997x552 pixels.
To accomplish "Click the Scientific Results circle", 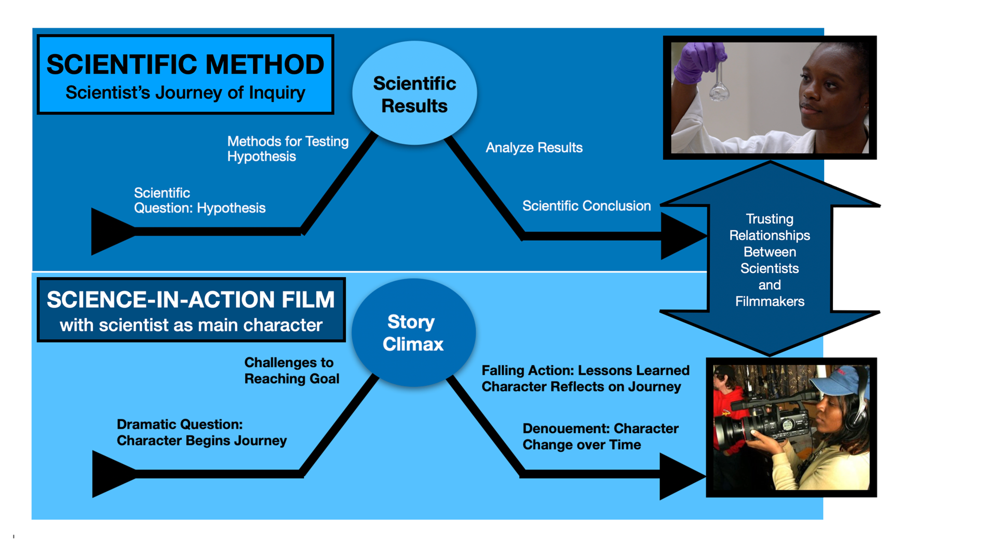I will coord(414,94).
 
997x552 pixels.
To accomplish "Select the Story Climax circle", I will coord(413,333).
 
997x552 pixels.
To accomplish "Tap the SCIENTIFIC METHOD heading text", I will coord(185,65).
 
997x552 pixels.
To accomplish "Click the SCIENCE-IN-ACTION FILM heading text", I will coord(191,300).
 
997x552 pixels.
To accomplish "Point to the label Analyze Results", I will coord(534,148).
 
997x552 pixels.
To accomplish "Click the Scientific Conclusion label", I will coord(586,206).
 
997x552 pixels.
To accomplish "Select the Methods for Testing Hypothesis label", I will coord(287,149).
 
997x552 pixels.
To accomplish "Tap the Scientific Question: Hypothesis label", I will coord(199,201).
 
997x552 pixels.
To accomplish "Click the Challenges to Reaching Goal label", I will coord(291,371).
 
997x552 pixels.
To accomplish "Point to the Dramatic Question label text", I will coord(180,425).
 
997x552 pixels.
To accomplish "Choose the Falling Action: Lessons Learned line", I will coord(585,371).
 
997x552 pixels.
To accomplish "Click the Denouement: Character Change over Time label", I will coord(600,437).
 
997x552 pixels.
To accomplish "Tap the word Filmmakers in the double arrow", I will coord(770,301).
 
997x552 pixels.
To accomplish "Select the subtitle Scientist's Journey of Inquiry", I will coord(185,93).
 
